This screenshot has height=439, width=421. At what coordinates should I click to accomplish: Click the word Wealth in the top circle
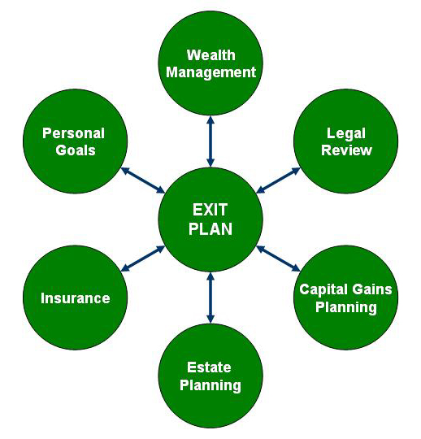[211, 55]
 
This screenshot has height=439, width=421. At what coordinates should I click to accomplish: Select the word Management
[211, 72]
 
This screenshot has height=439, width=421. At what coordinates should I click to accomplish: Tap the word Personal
[74, 133]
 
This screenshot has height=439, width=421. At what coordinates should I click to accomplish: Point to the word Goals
[76, 150]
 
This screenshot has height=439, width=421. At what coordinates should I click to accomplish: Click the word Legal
[346, 134]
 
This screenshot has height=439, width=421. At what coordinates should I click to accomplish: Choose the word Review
[346, 150]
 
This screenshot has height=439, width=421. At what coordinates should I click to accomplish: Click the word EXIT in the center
[210, 210]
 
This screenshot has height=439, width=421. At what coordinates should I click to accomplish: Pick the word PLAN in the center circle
[210, 228]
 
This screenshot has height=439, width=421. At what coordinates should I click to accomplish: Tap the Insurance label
[76, 298]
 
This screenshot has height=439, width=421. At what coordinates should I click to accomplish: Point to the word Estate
[209, 367]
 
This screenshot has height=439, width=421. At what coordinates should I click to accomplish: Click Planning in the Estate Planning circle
[210, 385]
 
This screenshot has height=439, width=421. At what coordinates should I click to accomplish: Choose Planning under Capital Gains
[346, 307]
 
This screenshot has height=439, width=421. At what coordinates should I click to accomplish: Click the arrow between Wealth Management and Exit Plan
[210, 141]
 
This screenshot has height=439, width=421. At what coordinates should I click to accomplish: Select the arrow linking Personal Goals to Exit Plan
[143, 180]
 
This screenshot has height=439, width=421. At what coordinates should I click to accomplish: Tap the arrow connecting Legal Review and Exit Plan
[278, 180]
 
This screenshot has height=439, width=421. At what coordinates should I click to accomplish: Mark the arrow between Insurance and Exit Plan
[143, 259]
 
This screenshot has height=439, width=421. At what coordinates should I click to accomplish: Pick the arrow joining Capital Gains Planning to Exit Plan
[278, 259]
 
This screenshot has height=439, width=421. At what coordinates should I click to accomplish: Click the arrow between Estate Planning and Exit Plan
[210, 298]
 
